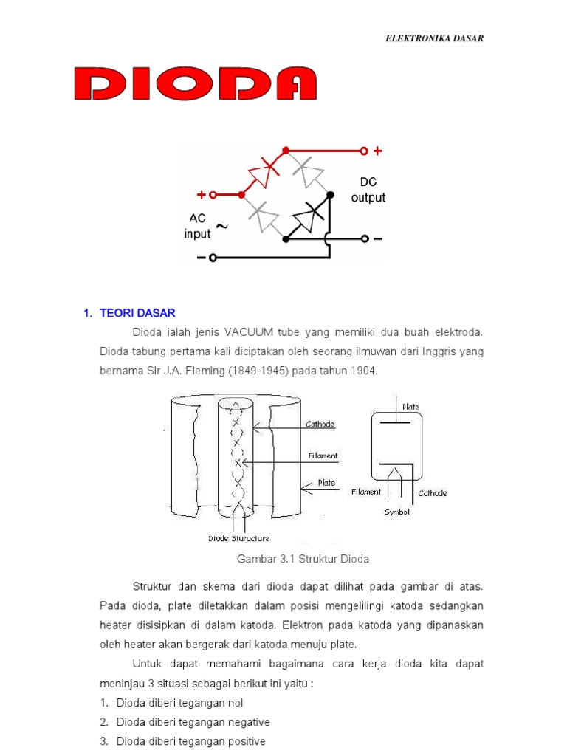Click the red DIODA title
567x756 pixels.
pyautogui.click(x=196, y=84)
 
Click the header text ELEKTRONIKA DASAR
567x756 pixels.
pyautogui.click(x=435, y=38)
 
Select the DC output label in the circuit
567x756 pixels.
pyautogui.click(x=368, y=190)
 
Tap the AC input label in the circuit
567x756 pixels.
pyautogui.click(x=197, y=226)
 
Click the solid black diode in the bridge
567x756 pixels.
pyautogui.click(x=307, y=219)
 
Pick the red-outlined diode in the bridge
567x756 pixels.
pyautogui.click(x=264, y=173)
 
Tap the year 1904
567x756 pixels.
pyautogui.click(x=362, y=371)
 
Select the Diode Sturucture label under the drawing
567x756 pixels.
pyautogui.click(x=238, y=538)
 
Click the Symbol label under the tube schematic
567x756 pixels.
pyautogui.click(x=396, y=512)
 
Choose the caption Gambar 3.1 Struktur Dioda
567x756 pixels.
pyautogui.click(x=303, y=559)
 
